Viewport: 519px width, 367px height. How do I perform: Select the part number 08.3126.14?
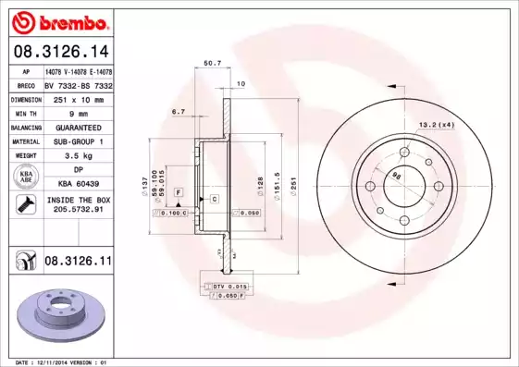60,53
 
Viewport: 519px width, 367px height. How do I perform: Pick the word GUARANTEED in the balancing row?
73,127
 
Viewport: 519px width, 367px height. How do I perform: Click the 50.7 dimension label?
211,63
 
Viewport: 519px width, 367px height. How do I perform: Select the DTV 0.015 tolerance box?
227,288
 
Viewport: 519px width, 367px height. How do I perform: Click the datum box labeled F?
178,190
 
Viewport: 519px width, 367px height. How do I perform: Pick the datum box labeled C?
214,199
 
